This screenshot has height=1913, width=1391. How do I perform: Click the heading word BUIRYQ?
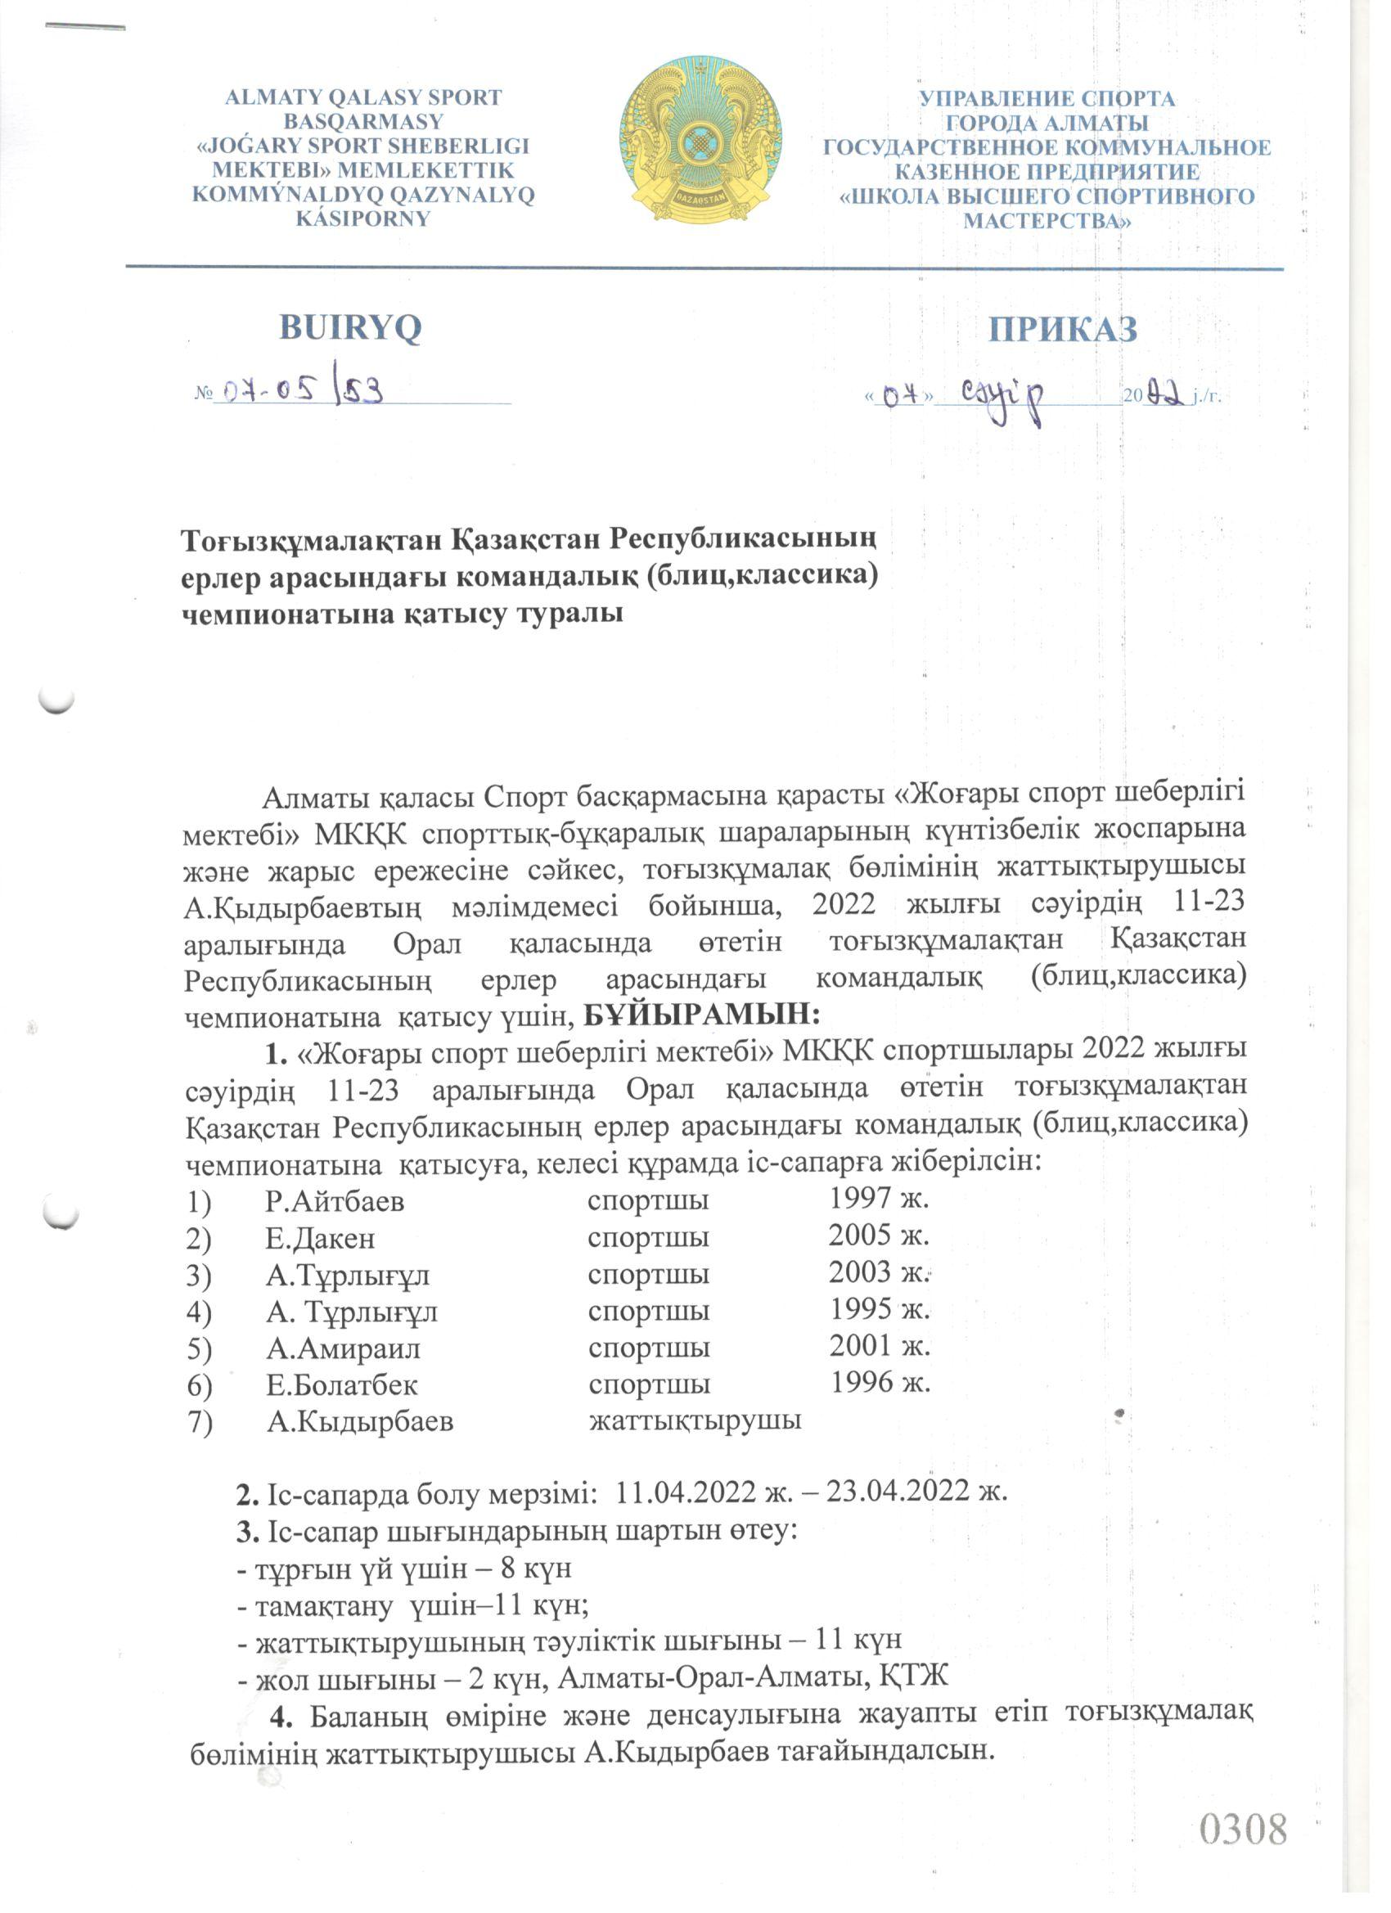(x=350, y=327)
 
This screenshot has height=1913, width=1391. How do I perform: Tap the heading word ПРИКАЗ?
(x=1062, y=329)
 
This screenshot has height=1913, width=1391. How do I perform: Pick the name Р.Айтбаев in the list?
(x=335, y=1201)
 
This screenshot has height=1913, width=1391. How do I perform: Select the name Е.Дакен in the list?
(x=320, y=1238)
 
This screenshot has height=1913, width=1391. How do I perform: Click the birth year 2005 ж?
(x=878, y=1236)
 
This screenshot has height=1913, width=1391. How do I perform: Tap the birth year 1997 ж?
(x=878, y=1199)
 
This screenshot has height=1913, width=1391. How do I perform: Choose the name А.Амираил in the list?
(x=344, y=1348)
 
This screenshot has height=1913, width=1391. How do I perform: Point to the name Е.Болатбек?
(x=342, y=1385)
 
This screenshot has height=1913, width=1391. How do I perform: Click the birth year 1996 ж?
(x=880, y=1383)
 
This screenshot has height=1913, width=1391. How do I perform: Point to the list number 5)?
(x=199, y=1348)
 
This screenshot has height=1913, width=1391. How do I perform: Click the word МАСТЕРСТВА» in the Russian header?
(x=1047, y=221)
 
